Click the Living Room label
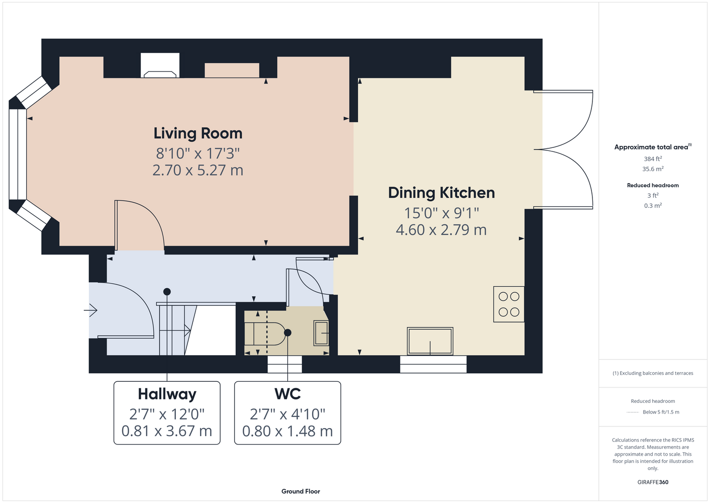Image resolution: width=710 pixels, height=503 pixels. [198, 133]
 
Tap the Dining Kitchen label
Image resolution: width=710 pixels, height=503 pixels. [442, 193]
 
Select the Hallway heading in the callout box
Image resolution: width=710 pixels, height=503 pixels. [167, 394]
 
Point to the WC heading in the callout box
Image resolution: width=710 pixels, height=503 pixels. [287, 394]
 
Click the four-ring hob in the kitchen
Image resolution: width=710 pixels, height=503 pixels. [509, 304]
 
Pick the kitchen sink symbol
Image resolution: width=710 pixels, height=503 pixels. [430, 341]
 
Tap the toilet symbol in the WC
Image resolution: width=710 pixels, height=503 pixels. [269, 334]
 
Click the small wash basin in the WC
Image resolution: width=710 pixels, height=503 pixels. [321, 333]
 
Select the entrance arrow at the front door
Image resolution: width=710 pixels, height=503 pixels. [90, 310]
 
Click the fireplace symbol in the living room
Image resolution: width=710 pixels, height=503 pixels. [160, 74]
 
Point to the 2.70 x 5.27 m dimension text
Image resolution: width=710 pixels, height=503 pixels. [198, 170]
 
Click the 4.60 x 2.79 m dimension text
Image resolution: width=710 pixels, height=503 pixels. [441, 230]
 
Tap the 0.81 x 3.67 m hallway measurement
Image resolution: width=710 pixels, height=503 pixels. [167, 431]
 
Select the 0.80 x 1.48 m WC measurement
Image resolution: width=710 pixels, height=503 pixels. [287, 431]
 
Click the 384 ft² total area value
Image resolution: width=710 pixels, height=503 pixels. [653, 158]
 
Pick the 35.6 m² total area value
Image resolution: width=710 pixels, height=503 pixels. [653, 169]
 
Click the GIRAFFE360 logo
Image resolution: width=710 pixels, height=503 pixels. [653, 482]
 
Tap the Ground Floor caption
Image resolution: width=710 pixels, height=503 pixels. [301, 491]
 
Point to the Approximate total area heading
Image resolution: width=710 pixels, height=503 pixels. [653, 147]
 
